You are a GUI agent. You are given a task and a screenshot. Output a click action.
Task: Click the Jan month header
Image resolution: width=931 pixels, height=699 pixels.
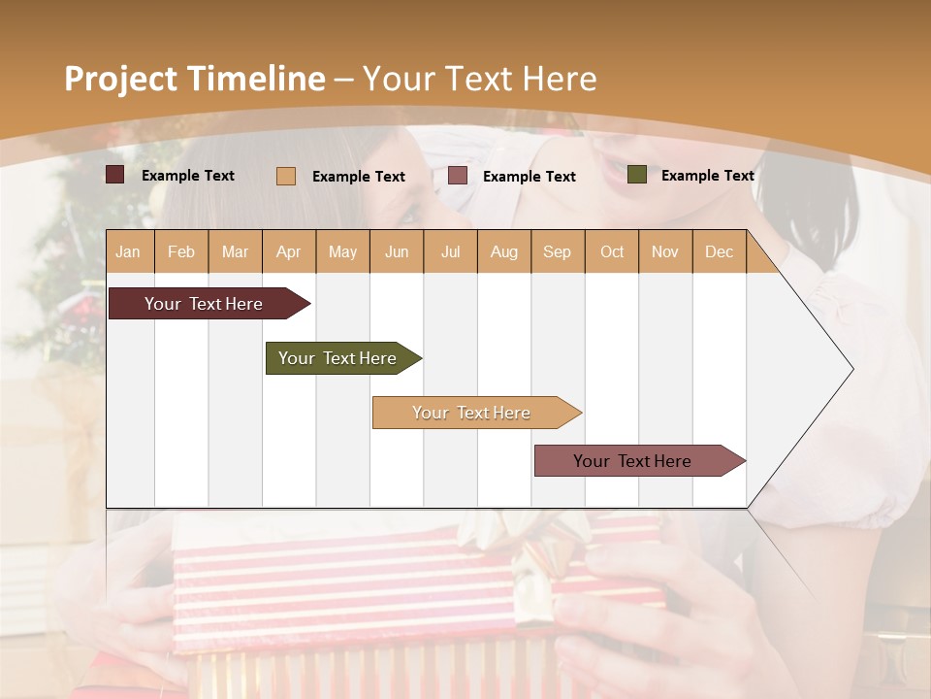coord(128,252)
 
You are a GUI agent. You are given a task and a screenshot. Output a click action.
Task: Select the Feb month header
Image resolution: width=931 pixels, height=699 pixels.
coord(181,252)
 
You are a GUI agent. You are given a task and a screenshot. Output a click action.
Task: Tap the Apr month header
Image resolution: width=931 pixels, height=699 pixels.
coord(289,252)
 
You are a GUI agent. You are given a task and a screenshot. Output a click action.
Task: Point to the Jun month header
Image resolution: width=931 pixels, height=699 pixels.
coord(397,252)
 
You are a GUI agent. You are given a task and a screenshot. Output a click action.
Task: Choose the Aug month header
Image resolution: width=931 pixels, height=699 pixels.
coord(504,252)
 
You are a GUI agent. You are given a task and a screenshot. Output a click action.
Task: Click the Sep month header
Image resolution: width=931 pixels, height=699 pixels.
coord(558,252)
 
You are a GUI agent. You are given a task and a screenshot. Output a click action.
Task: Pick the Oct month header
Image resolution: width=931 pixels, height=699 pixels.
coord(612,252)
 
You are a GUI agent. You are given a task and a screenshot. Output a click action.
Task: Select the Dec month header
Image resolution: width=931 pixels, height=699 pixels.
coord(720,252)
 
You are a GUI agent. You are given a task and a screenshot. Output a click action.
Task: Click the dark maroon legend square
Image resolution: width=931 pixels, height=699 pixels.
coord(115,175)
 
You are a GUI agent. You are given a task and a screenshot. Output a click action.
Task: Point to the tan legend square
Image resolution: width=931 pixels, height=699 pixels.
coord(286,176)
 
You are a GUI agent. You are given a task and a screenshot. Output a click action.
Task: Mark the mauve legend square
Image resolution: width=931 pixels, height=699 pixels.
coord(458,176)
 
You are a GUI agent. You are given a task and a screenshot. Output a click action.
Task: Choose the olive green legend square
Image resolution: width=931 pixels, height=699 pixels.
coord(637,175)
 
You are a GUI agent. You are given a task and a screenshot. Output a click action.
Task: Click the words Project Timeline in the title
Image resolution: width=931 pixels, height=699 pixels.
coord(195,79)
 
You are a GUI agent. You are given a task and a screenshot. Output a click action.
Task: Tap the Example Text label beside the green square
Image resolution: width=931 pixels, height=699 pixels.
coord(707,176)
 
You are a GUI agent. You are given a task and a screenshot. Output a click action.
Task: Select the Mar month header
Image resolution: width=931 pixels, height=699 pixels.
coord(236,252)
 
